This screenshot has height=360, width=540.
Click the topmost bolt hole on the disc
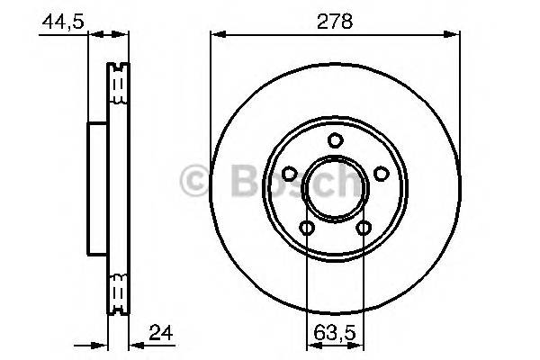point(336,139)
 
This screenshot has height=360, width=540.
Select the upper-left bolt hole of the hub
point(290,174)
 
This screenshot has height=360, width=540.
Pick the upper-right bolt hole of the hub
point(382,174)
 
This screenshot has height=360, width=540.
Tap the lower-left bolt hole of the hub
point(307,228)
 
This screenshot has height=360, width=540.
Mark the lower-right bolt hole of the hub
point(364,228)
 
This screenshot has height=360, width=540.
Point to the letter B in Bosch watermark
point(237,180)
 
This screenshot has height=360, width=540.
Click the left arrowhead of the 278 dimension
point(216,35)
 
